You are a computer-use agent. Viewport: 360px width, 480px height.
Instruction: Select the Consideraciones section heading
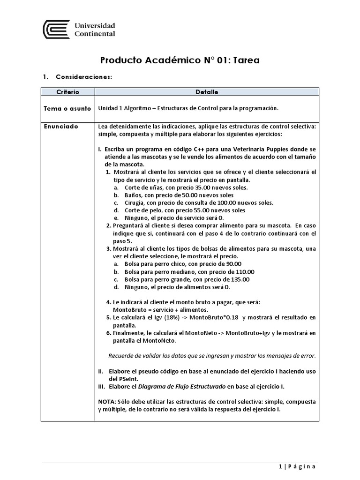[x=83, y=76]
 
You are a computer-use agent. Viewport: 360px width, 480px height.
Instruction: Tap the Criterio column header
[x=67, y=92]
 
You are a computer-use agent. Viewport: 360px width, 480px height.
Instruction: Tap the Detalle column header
[x=207, y=92]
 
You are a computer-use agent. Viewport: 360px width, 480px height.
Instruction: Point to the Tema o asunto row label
[x=67, y=108]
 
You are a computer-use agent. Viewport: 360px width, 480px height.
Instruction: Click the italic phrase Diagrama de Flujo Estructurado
[x=183, y=386]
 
